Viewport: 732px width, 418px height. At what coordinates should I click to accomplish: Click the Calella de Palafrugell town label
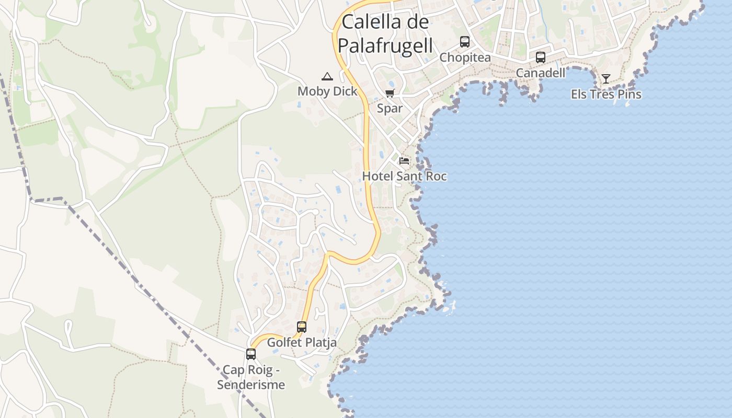tap(385, 33)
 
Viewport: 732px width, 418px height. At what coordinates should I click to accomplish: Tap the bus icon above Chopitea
tap(465, 42)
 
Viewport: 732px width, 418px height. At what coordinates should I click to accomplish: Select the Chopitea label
tap(465, 57)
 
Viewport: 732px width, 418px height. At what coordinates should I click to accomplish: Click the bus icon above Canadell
tap(541, 57)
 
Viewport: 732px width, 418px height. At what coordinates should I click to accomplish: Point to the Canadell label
tap(541, 73)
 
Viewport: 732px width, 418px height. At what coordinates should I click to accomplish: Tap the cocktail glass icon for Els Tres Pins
tap(606, 79)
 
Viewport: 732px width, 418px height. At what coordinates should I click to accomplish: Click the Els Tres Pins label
tap(606, 95)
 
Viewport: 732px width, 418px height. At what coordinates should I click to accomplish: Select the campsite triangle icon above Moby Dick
tap(327, 76)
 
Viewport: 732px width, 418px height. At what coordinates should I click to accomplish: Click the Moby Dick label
tap(327, 91)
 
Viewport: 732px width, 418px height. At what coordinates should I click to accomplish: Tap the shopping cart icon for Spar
tap(390, 94)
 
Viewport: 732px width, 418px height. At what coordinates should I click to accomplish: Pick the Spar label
tap(390, 109)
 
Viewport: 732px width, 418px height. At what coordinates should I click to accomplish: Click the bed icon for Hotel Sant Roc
tap(404, 160)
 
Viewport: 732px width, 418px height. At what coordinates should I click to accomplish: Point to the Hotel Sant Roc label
tap(404, 176)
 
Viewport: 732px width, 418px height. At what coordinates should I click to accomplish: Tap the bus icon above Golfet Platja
tap(302, 327)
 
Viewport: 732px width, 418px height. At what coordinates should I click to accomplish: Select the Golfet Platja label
tap(302, 343)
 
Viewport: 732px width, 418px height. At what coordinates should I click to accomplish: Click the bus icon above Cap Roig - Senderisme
tap(251, 354)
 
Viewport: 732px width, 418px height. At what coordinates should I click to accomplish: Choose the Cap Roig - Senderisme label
tap(251, 378)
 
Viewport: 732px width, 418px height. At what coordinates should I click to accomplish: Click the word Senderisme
tap(251, 385)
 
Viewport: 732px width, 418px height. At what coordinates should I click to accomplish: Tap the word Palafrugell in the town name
tap(385, 45)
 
